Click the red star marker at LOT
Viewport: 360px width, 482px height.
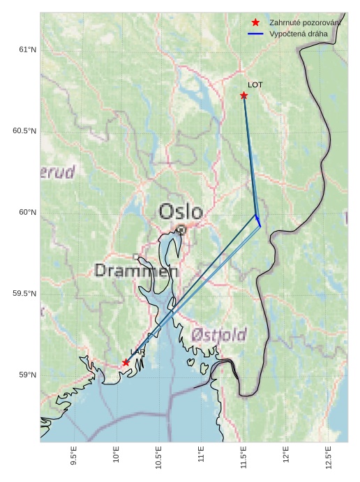[x=244, y=95]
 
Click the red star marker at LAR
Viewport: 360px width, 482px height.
[x=126, y=362]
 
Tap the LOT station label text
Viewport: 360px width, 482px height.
[x=255, y=84]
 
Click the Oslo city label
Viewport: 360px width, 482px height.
[x=181, y=211]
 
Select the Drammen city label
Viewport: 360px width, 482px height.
[x=136, y=271]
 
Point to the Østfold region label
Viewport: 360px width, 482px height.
[x=219, y=336]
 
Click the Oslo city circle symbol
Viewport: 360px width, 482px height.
[x=181, y=229]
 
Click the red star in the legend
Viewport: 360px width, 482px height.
[x=256, y=22]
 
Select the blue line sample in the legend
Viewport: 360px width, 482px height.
[x=256, y=33]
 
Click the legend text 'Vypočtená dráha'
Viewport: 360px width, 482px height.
[x=298, y=33]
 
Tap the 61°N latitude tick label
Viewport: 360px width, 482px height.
[x=27, y=50]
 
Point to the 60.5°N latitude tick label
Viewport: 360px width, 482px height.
[x=24, y=131]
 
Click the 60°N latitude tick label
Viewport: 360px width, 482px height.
[x=27, y=212]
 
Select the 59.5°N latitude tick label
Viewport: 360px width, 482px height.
[x=24, y=294]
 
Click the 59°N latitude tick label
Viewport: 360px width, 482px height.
[x=27, y=375]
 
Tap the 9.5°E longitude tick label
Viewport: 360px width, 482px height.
[x=74, y=456]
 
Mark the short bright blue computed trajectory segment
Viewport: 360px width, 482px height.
[x=258, y=220]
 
